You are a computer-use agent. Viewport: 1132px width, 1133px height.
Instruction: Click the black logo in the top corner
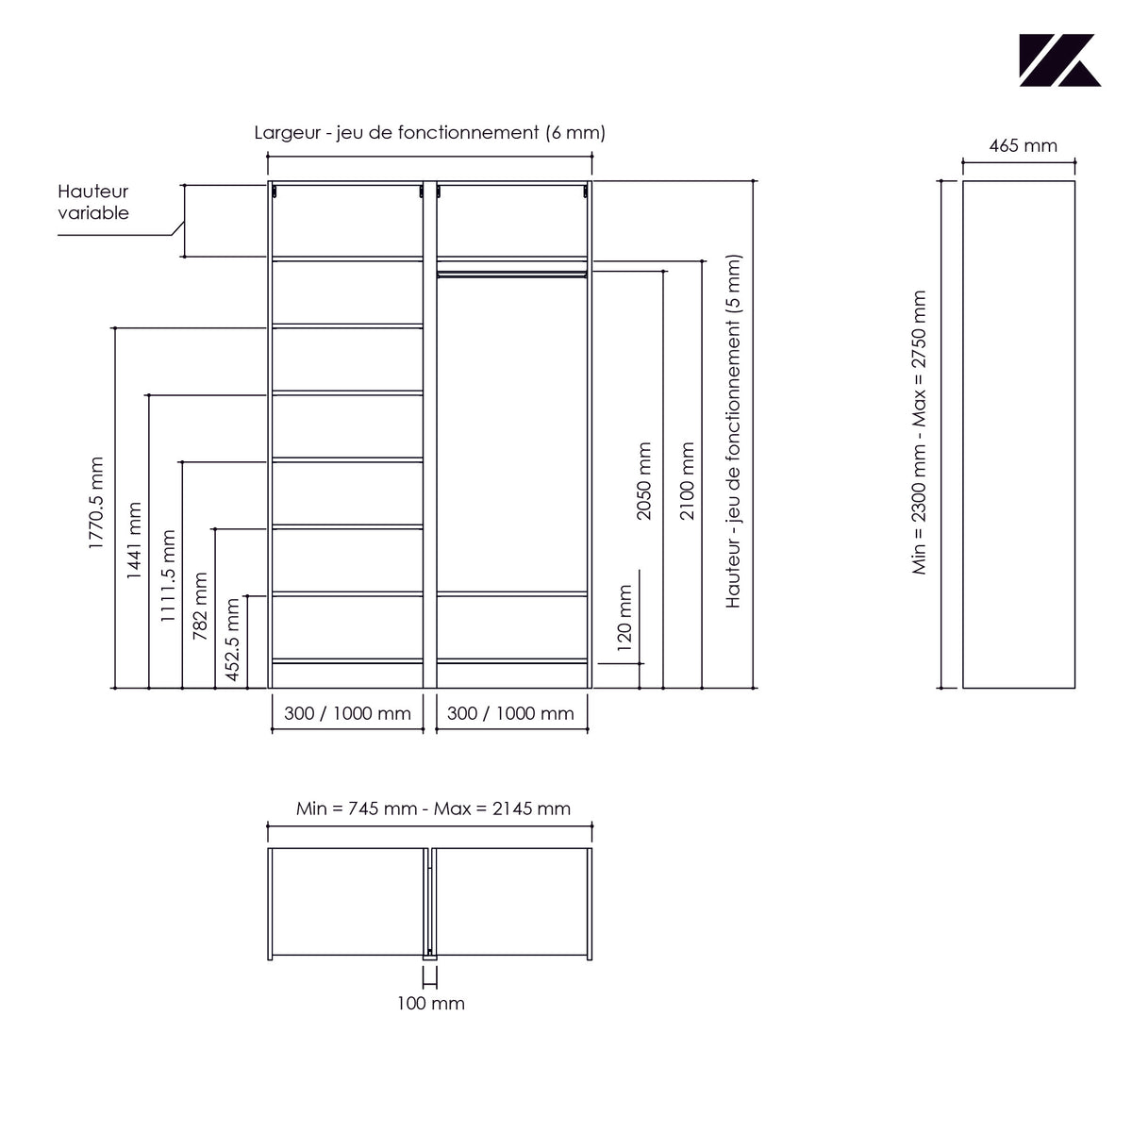(x=1059, y=60)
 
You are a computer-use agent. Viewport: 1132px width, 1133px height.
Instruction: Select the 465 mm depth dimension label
(x=1023, y=146)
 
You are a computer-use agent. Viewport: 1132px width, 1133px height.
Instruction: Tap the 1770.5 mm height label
(x=96, y=504)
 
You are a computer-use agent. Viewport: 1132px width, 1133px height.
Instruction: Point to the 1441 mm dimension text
(x=134, y=541)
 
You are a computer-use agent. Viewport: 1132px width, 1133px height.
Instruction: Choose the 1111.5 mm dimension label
(x=168, y=576)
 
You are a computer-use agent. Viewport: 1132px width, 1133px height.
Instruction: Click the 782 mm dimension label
(x=200, y=607)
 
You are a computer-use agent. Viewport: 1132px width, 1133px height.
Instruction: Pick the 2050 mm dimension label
(x=644, y=481)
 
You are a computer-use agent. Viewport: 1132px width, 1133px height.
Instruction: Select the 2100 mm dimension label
(x=687, y=481)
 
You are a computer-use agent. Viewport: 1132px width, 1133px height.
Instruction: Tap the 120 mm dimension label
(x=624, y=619)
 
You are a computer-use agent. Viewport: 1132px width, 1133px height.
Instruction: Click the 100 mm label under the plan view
(x=430, y=1004)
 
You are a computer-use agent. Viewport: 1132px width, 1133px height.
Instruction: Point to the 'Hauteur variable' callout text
(x=92, y=202)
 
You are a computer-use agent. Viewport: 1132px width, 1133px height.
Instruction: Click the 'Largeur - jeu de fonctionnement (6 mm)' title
(x=430, y=133)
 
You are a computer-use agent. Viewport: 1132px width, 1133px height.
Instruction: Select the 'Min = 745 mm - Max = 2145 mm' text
(x=433, y=809)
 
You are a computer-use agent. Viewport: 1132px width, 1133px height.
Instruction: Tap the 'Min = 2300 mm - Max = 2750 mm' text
(x=919, y=432)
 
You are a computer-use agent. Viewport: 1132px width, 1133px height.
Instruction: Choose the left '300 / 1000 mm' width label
(x=347, y=714)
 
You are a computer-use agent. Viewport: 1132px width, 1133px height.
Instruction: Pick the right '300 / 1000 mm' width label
(x=510, y=714)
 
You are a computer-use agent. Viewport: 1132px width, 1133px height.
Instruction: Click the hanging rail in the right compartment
(x=512, y=274)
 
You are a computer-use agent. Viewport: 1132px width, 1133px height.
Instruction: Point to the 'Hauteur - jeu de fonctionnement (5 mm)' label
(x=733, y=431)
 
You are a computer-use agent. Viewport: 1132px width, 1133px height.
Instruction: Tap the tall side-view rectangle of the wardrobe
(x=1019, y=435)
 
